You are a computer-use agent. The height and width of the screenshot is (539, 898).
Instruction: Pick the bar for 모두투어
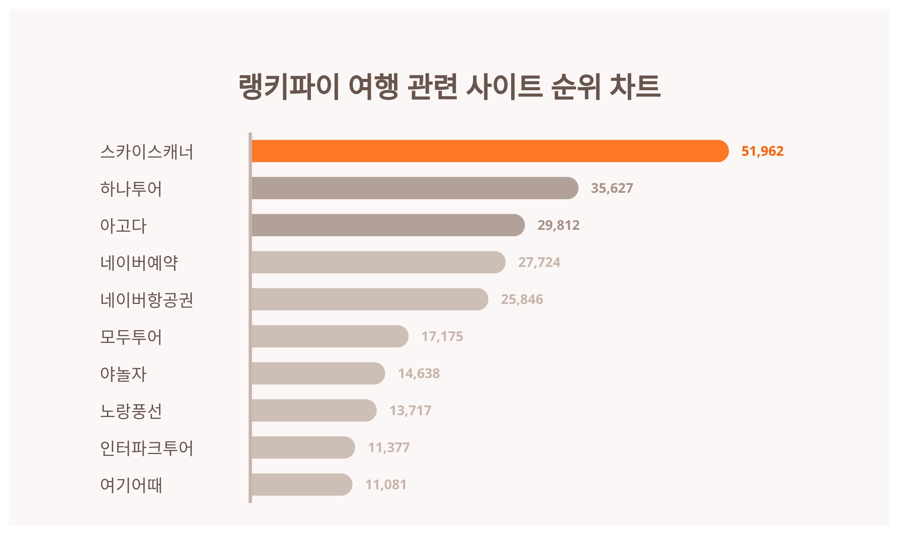[329, 336]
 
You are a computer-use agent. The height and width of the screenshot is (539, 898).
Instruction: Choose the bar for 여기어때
[302, 484]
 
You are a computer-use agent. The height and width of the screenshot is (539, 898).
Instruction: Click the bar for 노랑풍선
[314, 410]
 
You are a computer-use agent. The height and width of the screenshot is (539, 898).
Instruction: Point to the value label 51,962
[762, 151]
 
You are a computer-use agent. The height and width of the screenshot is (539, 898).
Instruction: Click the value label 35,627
[612, 188]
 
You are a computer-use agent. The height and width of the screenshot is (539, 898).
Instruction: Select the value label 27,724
[539, 262]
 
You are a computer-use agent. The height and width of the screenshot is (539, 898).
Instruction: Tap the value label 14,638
[419, 373]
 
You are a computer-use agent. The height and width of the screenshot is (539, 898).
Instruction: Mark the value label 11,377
[389, 447]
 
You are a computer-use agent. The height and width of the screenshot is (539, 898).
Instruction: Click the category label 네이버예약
[139, 262]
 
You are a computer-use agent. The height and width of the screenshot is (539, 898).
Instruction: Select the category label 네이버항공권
[146, 299]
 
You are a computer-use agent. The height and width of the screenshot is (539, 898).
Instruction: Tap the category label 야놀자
[123, 374]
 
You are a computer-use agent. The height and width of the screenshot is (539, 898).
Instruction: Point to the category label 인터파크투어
[146, 448]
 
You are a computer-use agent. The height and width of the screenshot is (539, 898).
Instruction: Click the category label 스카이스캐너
[146, 151]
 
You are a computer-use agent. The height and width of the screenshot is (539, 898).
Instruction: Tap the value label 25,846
[522, 299]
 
